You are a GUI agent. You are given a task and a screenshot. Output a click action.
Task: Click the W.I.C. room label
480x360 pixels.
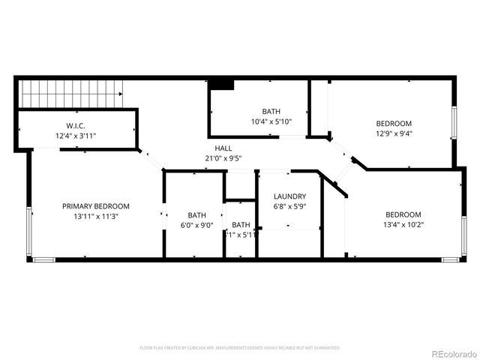[x=75, y=125]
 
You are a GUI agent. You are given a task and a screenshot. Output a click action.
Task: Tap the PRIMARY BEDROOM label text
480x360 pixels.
[x=96, y=206]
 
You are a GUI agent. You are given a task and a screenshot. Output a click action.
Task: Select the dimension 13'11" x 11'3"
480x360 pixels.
[x=96, y=216]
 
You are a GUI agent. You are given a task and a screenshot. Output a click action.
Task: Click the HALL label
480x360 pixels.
[x=223, y=148]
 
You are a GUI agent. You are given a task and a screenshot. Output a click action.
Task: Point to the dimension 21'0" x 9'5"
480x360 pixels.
[x=223, y=158]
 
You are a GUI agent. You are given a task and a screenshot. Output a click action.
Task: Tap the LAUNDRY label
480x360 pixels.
[x=289, y=196]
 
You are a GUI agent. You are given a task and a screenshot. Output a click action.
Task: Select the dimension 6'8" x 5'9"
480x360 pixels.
[x=289, y=206]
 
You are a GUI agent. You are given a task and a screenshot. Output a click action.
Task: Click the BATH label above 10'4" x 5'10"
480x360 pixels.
[x=271, y=112]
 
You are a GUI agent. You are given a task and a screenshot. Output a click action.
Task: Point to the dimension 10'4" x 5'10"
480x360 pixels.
[x=271, y=121]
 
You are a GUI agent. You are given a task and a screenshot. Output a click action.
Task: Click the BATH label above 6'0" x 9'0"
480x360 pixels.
[x=196, y=214]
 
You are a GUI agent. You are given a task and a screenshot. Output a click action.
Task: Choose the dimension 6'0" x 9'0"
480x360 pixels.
[x=196, y=224]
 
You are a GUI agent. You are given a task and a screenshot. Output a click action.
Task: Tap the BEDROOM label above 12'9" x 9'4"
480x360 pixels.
[x=394, y=124]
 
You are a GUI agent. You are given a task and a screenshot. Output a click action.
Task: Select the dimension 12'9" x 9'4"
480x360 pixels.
[x=394, y=133]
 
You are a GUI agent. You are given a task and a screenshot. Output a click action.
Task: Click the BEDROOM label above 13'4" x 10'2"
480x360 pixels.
[x=403, y=214]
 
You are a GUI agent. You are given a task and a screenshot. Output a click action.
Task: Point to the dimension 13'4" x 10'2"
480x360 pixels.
[x=403, y=223]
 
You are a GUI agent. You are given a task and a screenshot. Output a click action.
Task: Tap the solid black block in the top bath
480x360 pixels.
[x=222, y=84]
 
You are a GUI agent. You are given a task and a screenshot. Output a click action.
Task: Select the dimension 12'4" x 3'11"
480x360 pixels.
[x=75, y=136]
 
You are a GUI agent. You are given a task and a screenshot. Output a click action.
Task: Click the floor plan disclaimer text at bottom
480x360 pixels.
[x=240, y=348]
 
